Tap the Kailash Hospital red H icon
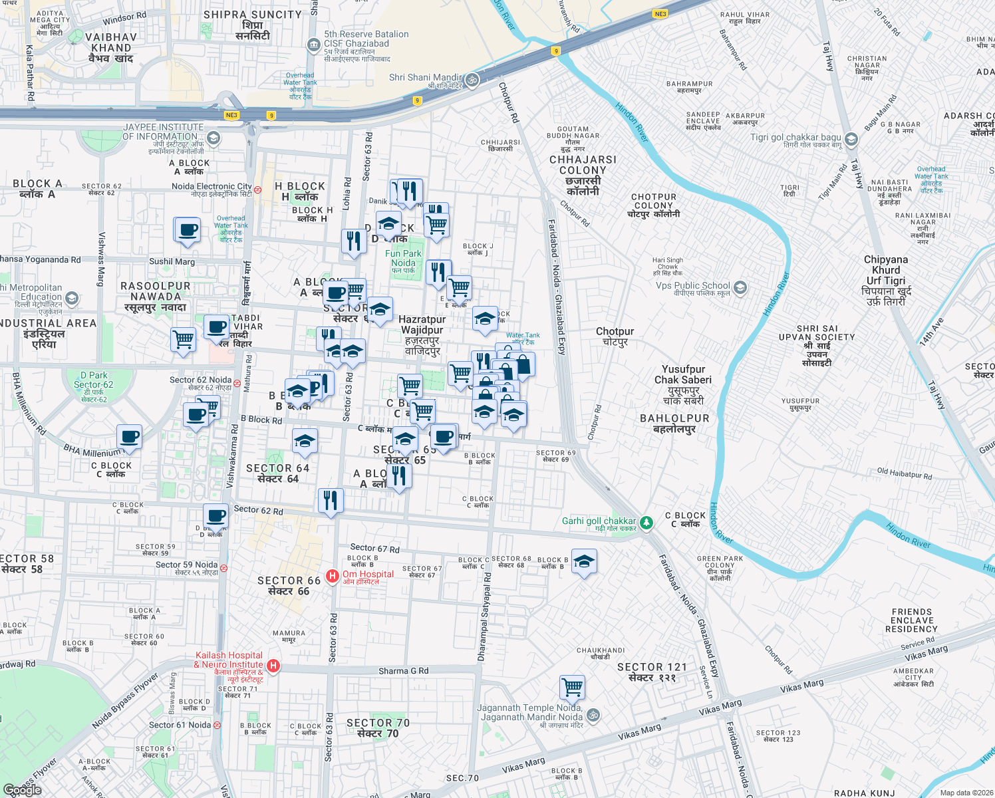click(273, 666)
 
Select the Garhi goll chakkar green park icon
click(646, 524)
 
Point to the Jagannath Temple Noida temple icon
click(593, 716)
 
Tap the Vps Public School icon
click(740, 288)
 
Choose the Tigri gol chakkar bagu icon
click(851, 140)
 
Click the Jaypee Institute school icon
click(213, 138)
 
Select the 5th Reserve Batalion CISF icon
click(313, 45)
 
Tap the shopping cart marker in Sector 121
click(572, 687)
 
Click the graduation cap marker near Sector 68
click(583, 561)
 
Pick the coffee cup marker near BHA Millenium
click(130, 437)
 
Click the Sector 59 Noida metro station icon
click(224, 569)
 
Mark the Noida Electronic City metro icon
click(258, 190)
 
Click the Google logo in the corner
click(22, 789)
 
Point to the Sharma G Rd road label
click(403, 671)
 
